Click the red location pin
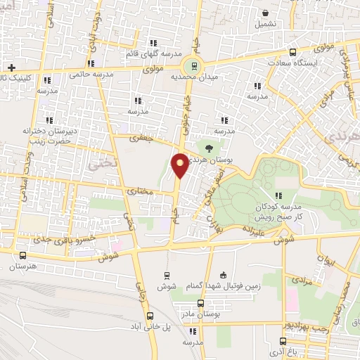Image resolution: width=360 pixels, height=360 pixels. pyautogui.click(x=181, y=165)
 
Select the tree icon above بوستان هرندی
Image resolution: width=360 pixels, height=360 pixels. pyautogui.click(x=208, y=148)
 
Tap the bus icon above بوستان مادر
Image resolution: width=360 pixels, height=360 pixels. pyautogui.click(x=200, y=304)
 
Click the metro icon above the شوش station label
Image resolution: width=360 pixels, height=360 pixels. pyautogui.click(x=167, y=275)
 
